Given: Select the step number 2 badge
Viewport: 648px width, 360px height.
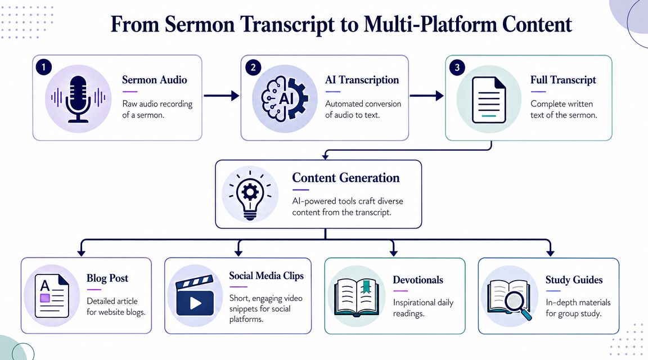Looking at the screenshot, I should click(x=253, y=67).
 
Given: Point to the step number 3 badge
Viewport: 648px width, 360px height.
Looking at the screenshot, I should click(x=457, y=67).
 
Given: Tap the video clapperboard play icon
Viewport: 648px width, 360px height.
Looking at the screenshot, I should click(x=195, y=296).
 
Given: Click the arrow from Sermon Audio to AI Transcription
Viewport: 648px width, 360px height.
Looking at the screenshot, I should click(x=221, y=96).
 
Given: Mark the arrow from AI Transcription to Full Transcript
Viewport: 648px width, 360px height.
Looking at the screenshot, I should click(x=426, y=96).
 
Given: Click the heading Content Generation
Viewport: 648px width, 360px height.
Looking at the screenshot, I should click(x=345, y=178).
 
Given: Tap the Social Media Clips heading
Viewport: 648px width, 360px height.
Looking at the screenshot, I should click(x=266, y=276).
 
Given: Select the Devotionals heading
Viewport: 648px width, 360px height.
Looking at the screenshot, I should click(x=418, y=280).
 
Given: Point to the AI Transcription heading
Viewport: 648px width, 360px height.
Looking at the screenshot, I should click(x=362, y=80).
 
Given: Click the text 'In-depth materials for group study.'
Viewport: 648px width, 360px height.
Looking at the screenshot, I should click(x=578, y=308).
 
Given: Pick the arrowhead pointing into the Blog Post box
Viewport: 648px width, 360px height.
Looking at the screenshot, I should click(x=83, y=251).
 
